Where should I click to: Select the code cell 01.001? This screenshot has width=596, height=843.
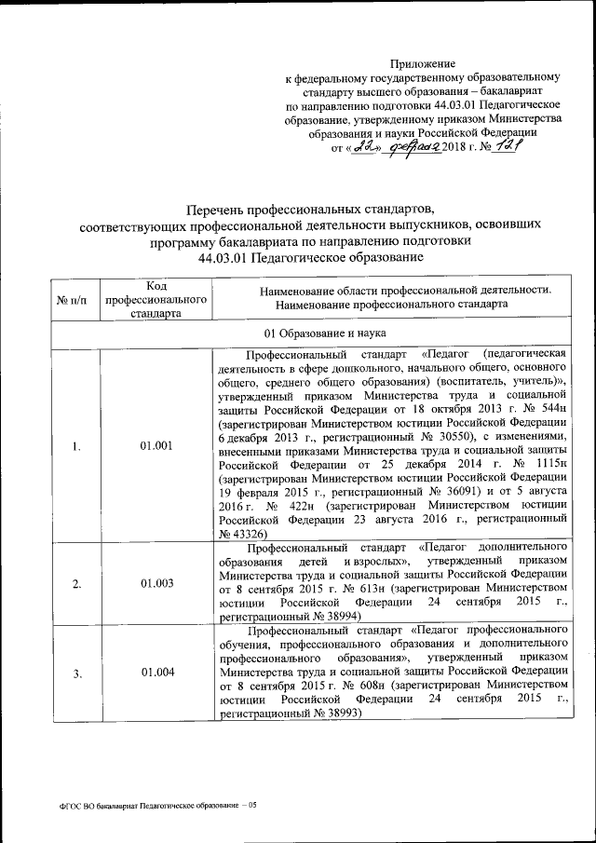[x=156, y=445]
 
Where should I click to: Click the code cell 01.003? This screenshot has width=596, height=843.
[x=156, y=584]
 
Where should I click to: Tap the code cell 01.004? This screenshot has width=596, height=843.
[x=156, y=673]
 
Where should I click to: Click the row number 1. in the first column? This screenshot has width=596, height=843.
[x=75, y=445]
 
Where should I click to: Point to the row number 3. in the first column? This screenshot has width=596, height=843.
[x=75, y=673]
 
